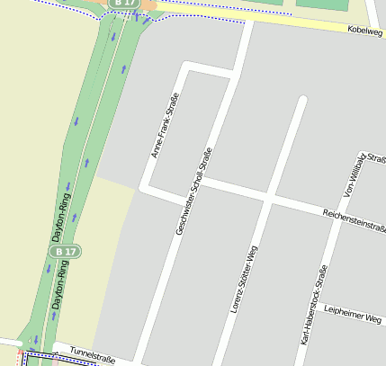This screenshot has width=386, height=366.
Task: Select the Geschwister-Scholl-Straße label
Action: [194, 192]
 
